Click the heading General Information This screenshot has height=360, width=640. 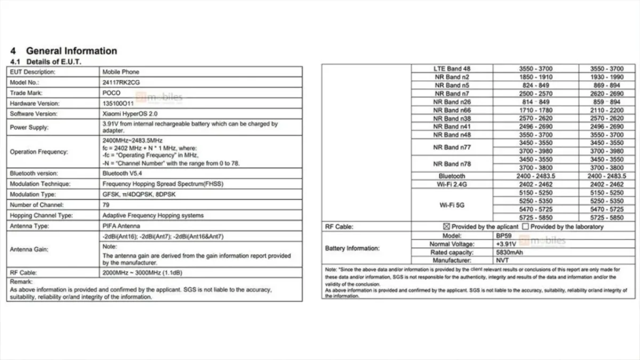point(71,51)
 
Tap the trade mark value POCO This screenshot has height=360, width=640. point(111,93)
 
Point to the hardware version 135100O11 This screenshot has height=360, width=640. point(118,103)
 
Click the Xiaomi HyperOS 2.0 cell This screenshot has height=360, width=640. point(130,114)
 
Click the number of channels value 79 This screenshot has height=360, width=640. point(106,205)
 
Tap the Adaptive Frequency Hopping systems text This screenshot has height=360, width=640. point(153,215)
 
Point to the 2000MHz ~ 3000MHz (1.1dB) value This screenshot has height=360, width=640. point(142,273)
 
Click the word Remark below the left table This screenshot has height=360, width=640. point(21,282)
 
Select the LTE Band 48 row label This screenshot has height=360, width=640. point(452,69)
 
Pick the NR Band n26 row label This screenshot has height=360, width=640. point(453,102)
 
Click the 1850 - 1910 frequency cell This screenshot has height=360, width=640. point(535,77)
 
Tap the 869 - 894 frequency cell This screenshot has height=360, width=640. point(606,85)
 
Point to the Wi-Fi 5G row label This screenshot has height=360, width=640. point(452,205)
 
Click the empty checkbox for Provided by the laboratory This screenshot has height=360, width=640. point(526,227)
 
